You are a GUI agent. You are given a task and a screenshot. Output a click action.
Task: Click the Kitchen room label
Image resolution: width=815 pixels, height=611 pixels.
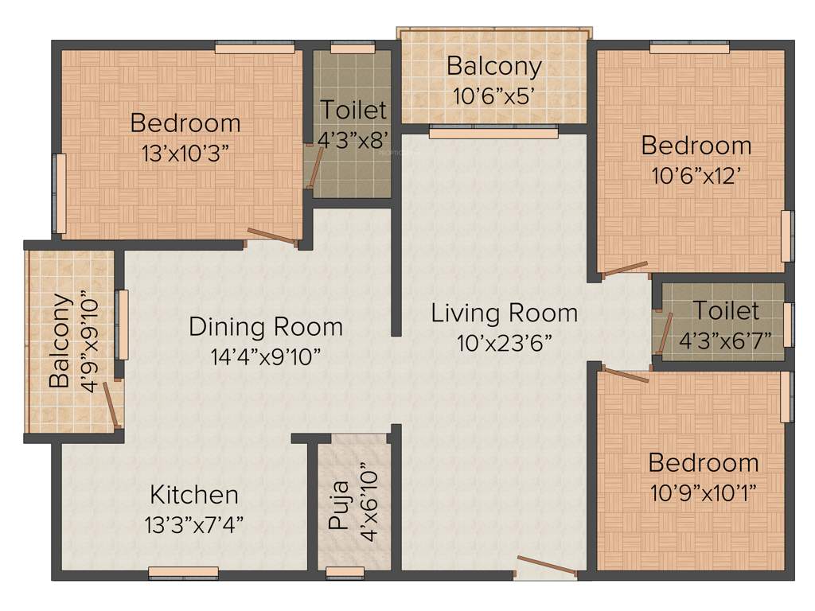point(194,494)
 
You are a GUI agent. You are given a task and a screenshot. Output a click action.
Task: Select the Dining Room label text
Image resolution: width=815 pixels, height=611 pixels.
point(266,326)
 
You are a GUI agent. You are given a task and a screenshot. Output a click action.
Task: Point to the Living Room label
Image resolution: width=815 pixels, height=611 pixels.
point(505,313)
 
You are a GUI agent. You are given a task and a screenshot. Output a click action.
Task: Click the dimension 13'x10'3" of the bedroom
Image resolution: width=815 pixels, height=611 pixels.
point(185,153)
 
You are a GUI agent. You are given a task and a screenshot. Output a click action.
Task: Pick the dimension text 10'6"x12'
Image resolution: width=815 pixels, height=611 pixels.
point(696,175)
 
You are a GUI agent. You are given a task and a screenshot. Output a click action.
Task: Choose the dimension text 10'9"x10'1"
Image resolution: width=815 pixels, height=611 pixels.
point(703,492)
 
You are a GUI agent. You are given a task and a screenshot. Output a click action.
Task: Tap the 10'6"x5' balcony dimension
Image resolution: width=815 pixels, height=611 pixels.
point(493,96)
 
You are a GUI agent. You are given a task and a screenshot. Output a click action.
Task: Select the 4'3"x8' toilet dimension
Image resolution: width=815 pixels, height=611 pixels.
point(353,140)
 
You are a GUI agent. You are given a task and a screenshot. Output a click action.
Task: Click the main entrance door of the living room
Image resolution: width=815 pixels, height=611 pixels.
point(546,566)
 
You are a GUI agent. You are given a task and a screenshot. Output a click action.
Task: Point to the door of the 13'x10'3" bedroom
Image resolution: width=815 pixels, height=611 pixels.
point(273,236)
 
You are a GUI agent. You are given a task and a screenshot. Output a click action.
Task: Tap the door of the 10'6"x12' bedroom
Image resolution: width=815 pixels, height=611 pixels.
point(625,269)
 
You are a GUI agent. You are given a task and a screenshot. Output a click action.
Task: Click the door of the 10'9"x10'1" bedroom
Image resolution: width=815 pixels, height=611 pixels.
point(626,374)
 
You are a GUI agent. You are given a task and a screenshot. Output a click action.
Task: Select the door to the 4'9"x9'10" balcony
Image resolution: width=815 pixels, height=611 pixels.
point(115,406)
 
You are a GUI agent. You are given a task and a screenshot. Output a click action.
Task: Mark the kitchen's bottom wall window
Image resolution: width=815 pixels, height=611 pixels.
point(184,571)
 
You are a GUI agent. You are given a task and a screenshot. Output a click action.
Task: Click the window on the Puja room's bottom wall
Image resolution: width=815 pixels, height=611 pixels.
point(345,571)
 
